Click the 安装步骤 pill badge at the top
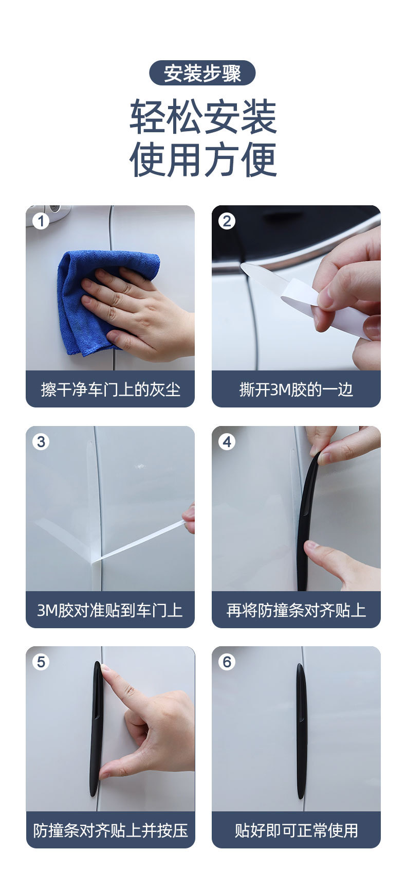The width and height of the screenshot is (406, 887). (202, 73)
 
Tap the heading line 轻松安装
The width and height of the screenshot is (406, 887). (203, 117)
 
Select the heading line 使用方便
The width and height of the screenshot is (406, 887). (203, 159)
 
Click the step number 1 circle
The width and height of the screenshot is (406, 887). (41, 221)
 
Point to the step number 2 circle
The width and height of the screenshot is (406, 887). (227, 221)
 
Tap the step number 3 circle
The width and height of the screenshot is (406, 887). (41, 441)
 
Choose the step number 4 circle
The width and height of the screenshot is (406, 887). (227, 441)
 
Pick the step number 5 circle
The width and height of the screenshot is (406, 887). (41, 662)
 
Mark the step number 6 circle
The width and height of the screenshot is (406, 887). (227, 662)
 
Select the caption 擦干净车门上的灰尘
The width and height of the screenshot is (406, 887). (110, 389)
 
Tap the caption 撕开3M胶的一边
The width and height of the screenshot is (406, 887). (296, 389)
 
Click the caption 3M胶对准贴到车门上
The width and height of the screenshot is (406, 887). (110, 610)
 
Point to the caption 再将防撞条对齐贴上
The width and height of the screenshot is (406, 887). (296, 610)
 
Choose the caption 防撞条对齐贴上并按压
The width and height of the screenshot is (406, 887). (110, 830)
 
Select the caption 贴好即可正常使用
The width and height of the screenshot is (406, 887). (296, 830)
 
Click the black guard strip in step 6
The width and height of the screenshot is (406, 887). (301, 731)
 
